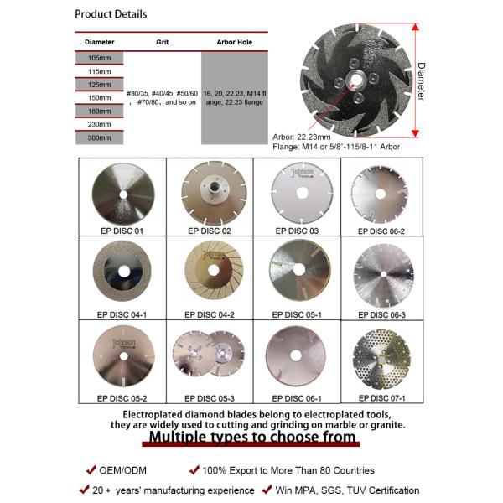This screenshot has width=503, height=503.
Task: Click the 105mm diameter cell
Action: (100, 57)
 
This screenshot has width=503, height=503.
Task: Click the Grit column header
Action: (163, 41)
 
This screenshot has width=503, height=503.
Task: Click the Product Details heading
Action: (111, 14)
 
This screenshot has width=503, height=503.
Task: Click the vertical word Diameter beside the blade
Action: (421, 81)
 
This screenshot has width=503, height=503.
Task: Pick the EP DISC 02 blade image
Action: (208, 191)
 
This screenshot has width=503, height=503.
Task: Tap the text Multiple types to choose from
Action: (251, 438)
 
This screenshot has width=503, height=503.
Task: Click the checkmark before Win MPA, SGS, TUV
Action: (266, 489)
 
